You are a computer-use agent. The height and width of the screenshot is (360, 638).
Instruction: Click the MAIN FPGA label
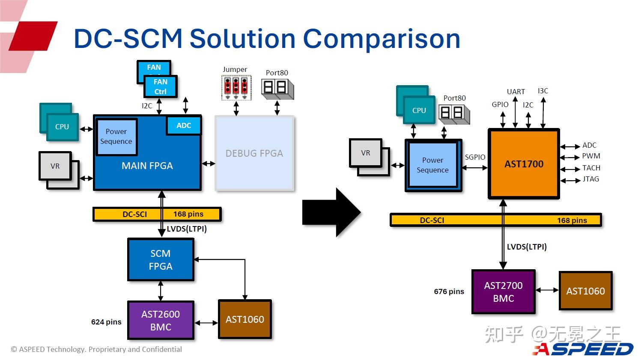click(147, 166)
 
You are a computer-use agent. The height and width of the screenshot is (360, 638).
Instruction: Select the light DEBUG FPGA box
click(254, 153)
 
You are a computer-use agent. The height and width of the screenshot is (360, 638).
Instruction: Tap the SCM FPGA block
click(161, 260)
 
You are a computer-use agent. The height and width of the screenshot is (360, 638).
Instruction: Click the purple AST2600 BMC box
click(161, 320)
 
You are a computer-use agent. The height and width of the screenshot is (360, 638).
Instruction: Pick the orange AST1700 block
click(524, 164)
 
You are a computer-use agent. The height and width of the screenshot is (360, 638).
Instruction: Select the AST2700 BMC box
click(503, 292)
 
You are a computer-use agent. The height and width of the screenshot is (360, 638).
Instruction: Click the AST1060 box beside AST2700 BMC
click(585, 291)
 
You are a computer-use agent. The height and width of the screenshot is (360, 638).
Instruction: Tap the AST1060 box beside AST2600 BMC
click(244, 319)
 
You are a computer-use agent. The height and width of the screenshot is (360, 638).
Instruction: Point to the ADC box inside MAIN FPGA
click(184, 125)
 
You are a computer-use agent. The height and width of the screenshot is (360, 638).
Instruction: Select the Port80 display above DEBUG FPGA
click(277, 88)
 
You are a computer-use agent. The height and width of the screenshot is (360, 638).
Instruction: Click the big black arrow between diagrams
click(331, 212)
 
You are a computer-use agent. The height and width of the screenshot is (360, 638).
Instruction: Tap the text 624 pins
click(106, 322)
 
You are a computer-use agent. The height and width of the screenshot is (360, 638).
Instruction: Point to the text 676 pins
click(449, 292)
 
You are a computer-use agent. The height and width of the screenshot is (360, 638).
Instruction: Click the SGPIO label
click(475, 157)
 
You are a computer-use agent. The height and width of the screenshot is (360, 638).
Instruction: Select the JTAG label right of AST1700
click(590, 179)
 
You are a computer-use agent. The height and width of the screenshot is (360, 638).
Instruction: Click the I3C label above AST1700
click(543, 91)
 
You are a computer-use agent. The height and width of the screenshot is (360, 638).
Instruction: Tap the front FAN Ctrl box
click(160, 86)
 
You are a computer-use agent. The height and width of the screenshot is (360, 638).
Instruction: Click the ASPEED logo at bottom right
click(583, 348)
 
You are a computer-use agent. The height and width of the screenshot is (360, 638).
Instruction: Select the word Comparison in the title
click(381, 39)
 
